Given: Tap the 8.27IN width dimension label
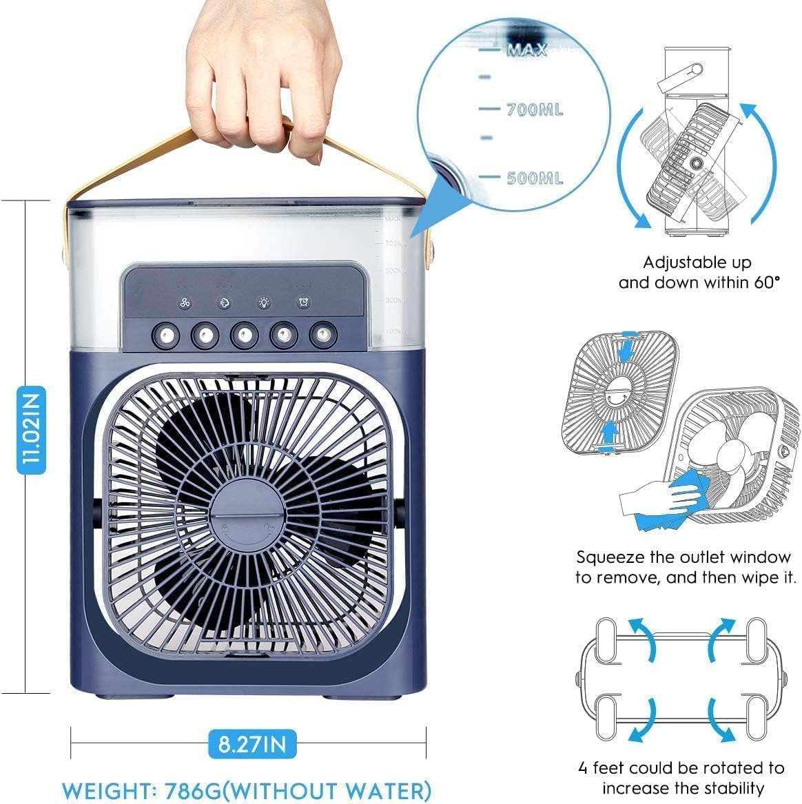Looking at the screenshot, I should (x=252, y=743).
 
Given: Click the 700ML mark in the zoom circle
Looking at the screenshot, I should (x=534, y=110).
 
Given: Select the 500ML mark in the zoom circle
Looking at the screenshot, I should (x=534, y=178).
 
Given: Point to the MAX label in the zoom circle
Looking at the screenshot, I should (x=527, y=50).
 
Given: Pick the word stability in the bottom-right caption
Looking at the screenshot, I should (x=732, y=787).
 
